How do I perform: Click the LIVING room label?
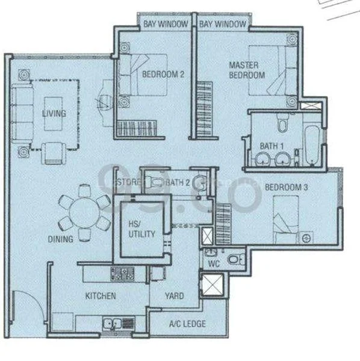54,113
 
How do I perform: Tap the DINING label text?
61,239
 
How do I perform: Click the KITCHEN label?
100,296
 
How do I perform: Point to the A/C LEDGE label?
187,324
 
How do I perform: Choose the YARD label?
175,296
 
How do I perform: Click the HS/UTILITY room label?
142,229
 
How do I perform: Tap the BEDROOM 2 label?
163,75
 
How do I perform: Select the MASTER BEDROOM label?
247,70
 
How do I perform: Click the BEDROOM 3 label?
287,188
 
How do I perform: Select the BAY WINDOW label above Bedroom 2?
165,24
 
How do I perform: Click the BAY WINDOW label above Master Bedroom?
223,24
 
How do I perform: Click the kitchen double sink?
114,324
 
